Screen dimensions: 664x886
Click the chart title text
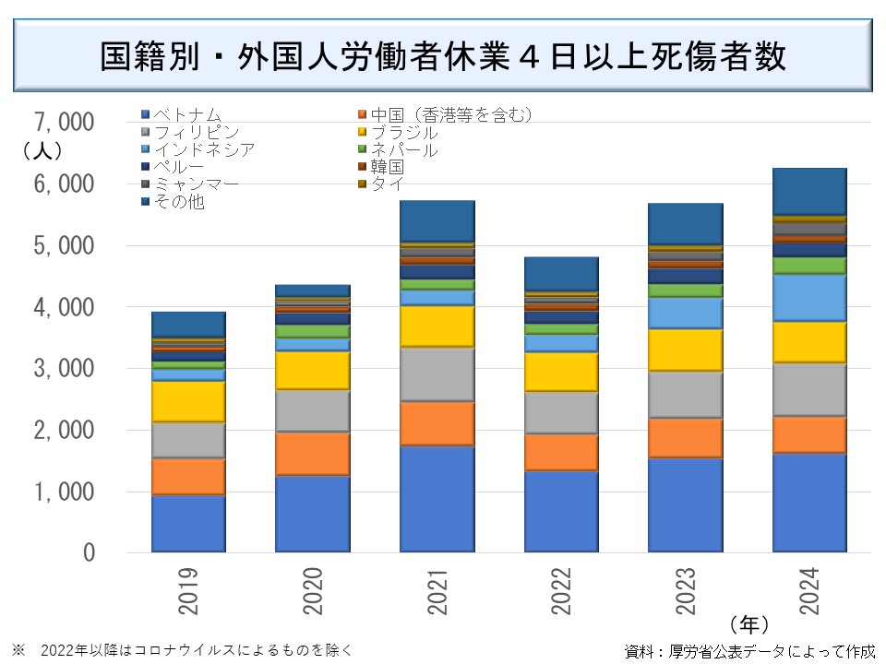[442, 56]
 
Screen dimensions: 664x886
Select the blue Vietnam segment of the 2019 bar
[188, 523]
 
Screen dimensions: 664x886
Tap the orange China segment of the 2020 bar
[313, 453]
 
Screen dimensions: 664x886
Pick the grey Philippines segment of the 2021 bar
[437, 373]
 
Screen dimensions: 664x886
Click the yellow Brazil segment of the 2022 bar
[561, 371]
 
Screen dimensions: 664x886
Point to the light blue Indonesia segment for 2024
[809, 297]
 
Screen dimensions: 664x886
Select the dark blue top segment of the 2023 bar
[685, 223]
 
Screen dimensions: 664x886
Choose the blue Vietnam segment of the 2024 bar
[809, 502]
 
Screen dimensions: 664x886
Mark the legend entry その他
[180, 202]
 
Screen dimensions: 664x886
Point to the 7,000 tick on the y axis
[64, 122]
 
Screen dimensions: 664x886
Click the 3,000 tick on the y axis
[64, 369]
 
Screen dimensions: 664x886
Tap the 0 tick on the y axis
[89, 553]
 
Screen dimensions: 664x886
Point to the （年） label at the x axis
[748, 622]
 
